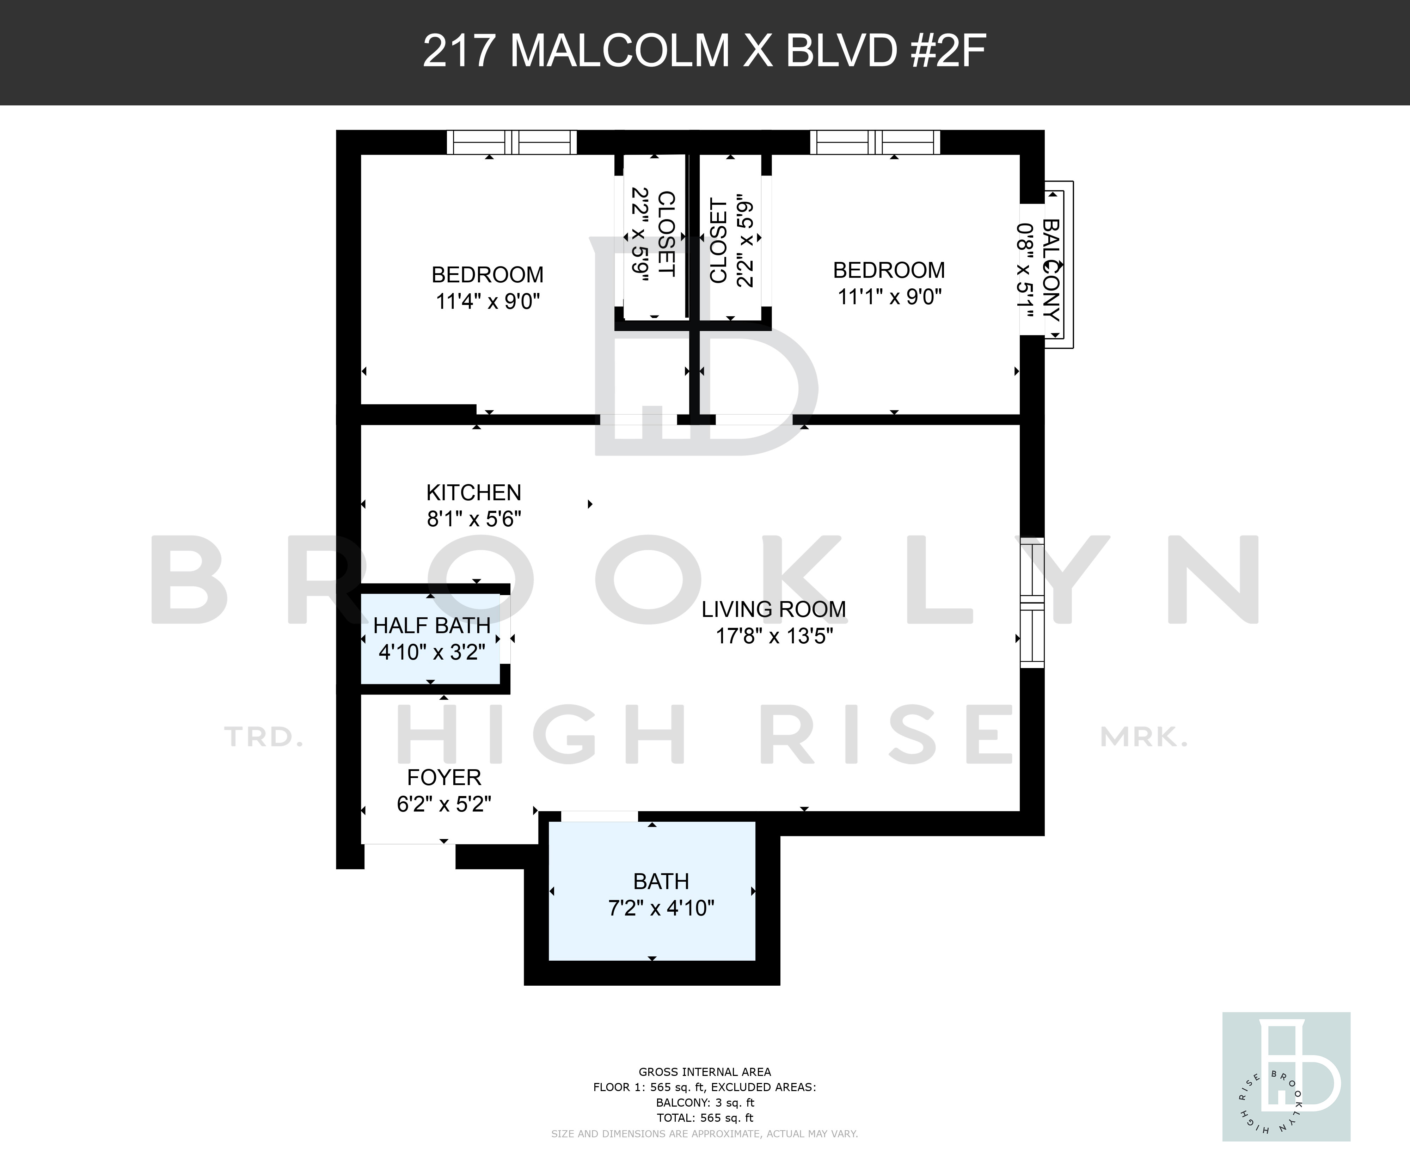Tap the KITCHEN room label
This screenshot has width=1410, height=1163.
point(473,492)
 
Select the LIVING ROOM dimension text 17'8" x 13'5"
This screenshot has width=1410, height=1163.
point(774,635)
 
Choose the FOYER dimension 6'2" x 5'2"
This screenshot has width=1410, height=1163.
point(444,803)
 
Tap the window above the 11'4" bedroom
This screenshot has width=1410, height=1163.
point(512,142)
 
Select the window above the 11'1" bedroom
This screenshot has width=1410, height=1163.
point(875,142)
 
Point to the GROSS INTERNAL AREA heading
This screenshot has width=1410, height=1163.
point(705,1072)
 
